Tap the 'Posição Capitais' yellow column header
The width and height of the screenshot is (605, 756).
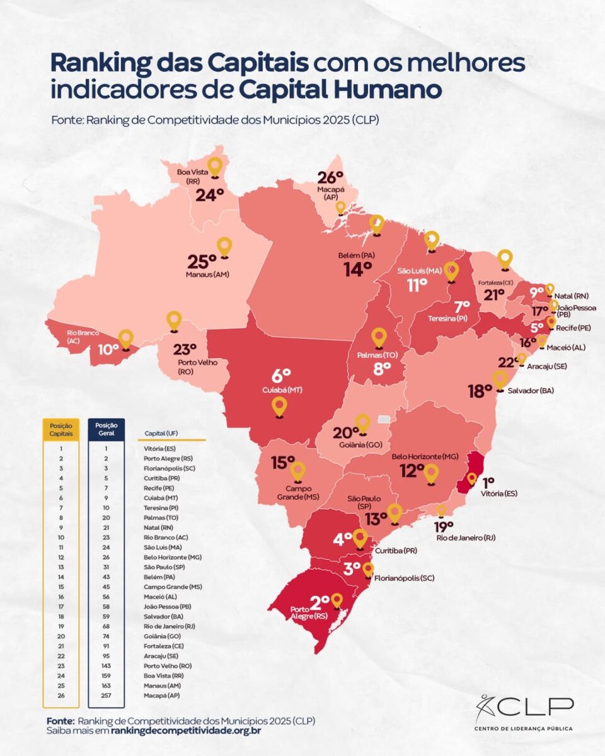[60, 430]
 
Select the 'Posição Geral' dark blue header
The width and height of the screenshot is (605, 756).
[106, 430]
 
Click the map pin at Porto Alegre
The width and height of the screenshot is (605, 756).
[337, 600]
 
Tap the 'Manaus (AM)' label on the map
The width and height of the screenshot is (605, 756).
[208, 275]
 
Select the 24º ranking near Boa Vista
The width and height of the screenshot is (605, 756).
[210, 195]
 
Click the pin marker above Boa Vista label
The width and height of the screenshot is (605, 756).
[216, 166]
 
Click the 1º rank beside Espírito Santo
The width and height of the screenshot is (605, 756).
[488, 483]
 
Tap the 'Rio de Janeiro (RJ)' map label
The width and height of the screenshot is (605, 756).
[465, 537]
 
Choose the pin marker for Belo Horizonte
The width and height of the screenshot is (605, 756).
[431, 473]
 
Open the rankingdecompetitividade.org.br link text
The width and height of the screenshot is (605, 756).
[186, 731]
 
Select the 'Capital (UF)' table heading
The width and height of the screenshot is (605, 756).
[161, 433]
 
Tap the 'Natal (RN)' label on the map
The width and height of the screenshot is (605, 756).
[572, 295]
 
